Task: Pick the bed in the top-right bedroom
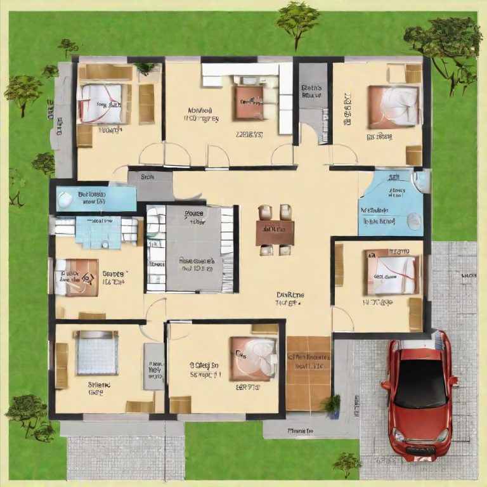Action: point(394,105)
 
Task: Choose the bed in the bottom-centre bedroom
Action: point(254,358)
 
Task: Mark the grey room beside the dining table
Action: point(190,247)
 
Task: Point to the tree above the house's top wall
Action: point(297,19)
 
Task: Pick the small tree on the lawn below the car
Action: point(347,462)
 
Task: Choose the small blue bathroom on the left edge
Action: point(95,198)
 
